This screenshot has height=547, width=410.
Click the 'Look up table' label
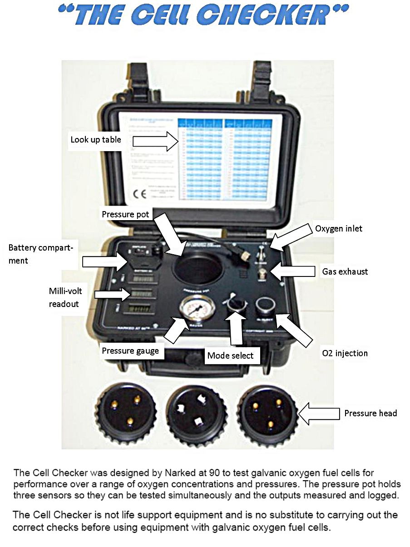pyautogui.click(x=96, y=139)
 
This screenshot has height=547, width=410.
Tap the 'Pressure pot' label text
pyautogui.click(x=125, y=214)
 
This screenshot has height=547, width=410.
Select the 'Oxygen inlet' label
pyautogui.click(x=339, y=228)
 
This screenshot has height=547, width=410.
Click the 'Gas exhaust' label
pyautogui.click(x=345, y=271)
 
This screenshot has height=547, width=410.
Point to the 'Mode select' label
pyautogui.click(x=230, y=355)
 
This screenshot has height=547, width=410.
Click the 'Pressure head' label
pyautogui.click(x=370, y=413)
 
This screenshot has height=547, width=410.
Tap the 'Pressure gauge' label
pyautogui.click(x=130, y=350)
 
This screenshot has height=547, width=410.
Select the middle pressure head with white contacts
pyautogui.click(x=197, y=413)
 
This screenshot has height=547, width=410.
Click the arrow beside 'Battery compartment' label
pyautogui.click(x=105, y=261)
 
